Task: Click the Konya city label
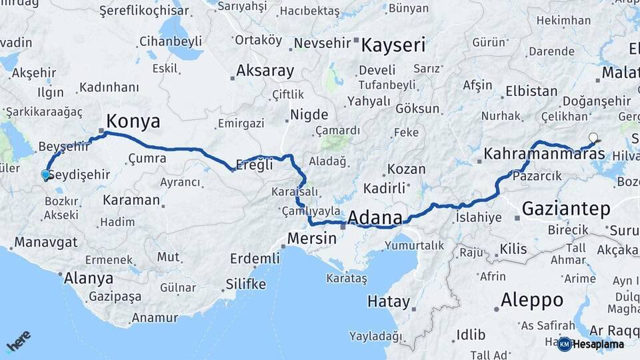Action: [133, 121]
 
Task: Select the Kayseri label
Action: [393, 45]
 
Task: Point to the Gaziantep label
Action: [566, 209]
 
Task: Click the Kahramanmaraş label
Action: [544, 154]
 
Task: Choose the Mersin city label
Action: [311, 238]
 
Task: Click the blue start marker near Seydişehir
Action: [45, 175]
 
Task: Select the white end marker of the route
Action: [593, 138]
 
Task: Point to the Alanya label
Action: [89, 278]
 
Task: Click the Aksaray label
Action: [265, 71]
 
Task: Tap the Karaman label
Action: [131, 200]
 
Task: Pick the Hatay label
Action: [389, 301]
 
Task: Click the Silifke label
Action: [246, 285]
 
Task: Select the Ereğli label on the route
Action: [255, 165]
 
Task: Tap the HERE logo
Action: [19, 341]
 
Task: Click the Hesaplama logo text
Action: [598, 345]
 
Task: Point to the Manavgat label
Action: [46, 242]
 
